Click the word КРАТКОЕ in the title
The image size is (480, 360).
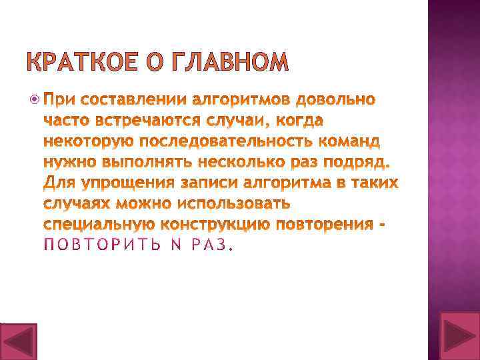87,61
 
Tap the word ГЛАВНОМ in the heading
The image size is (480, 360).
230,61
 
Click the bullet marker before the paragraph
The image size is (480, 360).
35,101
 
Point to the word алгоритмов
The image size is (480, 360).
241,101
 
